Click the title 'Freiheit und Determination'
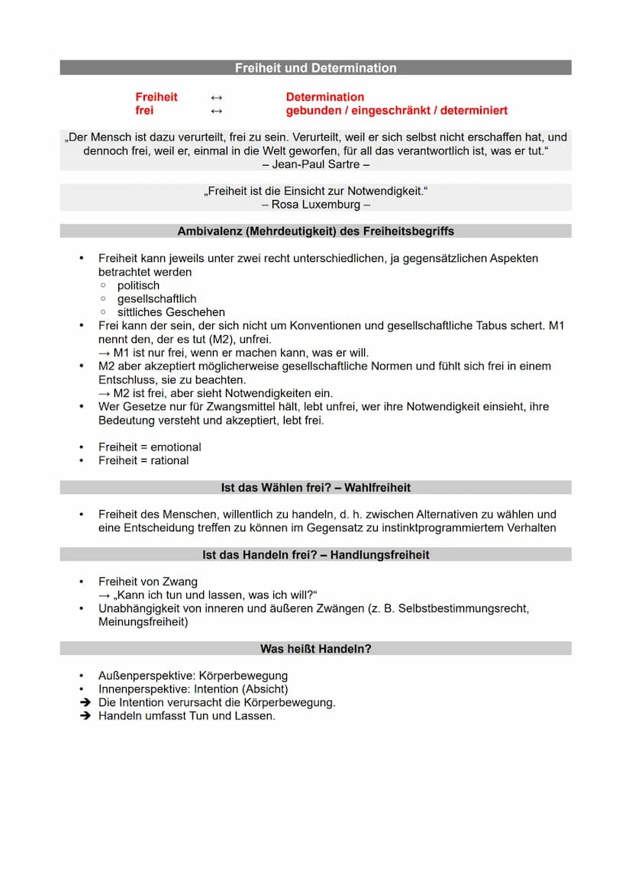pos(315,68)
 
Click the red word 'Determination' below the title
pos(324,97)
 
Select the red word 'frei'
pos(144,111)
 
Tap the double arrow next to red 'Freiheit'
pos(216,98)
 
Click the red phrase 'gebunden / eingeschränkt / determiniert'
pos(396,111)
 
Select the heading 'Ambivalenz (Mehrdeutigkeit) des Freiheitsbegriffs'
pos(315,231)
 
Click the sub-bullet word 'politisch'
pos(138,286)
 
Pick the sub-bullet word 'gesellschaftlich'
pos(156,299)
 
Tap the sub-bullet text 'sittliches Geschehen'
pos(171,312)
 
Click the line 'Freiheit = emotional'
pos(150,447)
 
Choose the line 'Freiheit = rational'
pos(143,460)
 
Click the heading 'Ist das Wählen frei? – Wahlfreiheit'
pos(315,487)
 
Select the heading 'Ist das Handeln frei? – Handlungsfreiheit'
pos(315,555)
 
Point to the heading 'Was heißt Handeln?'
pos(315,649)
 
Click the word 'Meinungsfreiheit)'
pos(143,621)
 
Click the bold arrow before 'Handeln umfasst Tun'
pos(85,716)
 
